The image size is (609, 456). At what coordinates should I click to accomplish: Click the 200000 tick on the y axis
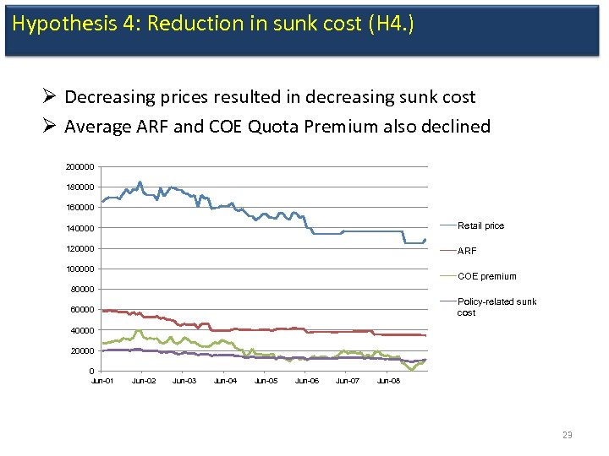80,166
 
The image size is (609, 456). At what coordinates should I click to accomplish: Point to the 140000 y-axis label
80,228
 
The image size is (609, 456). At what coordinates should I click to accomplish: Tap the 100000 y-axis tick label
80,269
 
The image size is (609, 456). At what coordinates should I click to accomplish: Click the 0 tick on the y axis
91,372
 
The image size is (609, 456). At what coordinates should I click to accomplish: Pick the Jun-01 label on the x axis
102,382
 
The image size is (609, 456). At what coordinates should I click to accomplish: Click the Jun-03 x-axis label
184,382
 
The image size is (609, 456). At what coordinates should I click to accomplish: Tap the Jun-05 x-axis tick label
266,382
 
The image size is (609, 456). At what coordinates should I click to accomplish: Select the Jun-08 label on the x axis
388,382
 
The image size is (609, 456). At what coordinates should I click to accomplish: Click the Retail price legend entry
480,225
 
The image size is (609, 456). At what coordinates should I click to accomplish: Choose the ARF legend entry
467,251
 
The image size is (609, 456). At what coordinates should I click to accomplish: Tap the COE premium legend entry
486,276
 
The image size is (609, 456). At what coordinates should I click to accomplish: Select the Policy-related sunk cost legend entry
497,307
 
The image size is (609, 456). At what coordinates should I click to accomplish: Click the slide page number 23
567,435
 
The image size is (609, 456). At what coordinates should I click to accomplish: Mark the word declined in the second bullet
456,127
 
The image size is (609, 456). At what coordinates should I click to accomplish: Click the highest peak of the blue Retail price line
140,182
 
